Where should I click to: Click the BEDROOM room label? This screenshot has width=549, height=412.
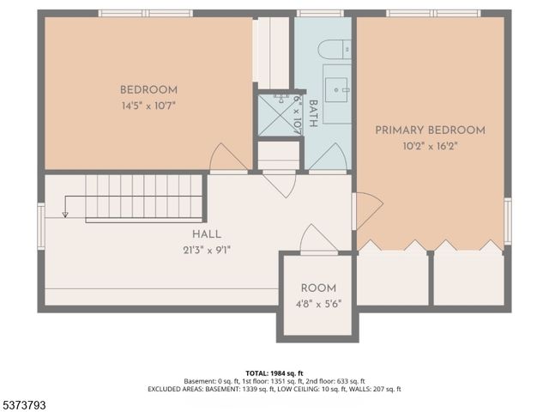click(x=148, y=90)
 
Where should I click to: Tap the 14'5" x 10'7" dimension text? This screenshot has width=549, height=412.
click(x=148, y=106)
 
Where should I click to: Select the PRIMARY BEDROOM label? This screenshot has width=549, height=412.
click(x=430, y=130)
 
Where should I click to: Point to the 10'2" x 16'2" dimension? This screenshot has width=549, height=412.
click(x=430, y=146)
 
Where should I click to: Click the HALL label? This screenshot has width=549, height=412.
click(x=206, y=234)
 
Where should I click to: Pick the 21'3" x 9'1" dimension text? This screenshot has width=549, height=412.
click(x=206, y=250)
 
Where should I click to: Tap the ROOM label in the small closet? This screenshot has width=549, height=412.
click(x=317, y=288)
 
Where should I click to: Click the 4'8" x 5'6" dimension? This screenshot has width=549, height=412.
click(x=317, y=304)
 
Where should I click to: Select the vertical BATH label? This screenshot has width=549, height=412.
click(x=313, y=113)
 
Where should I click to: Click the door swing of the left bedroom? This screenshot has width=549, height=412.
click(x=227, y=158)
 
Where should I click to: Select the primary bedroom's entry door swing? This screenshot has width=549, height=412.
click(x=368, y=209)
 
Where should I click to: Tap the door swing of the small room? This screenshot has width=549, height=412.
click(x=317, y=239)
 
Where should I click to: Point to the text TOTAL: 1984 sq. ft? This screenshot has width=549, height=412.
click(x=274, y=372)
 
